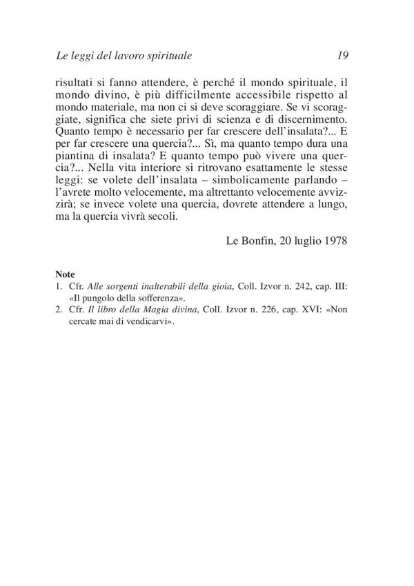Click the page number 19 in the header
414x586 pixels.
pyautogui.click(x=346, y=54)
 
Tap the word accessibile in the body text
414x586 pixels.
pyautogui.click(x=274, y=97)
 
